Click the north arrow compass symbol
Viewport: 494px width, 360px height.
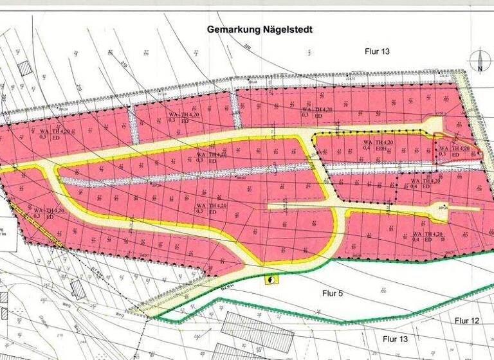(x=480, y=57)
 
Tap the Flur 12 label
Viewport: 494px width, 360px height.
(x=468, y=320)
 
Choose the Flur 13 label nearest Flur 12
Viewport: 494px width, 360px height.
(x=394, y=337)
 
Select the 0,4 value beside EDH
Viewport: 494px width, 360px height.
(x=366, y=148)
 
